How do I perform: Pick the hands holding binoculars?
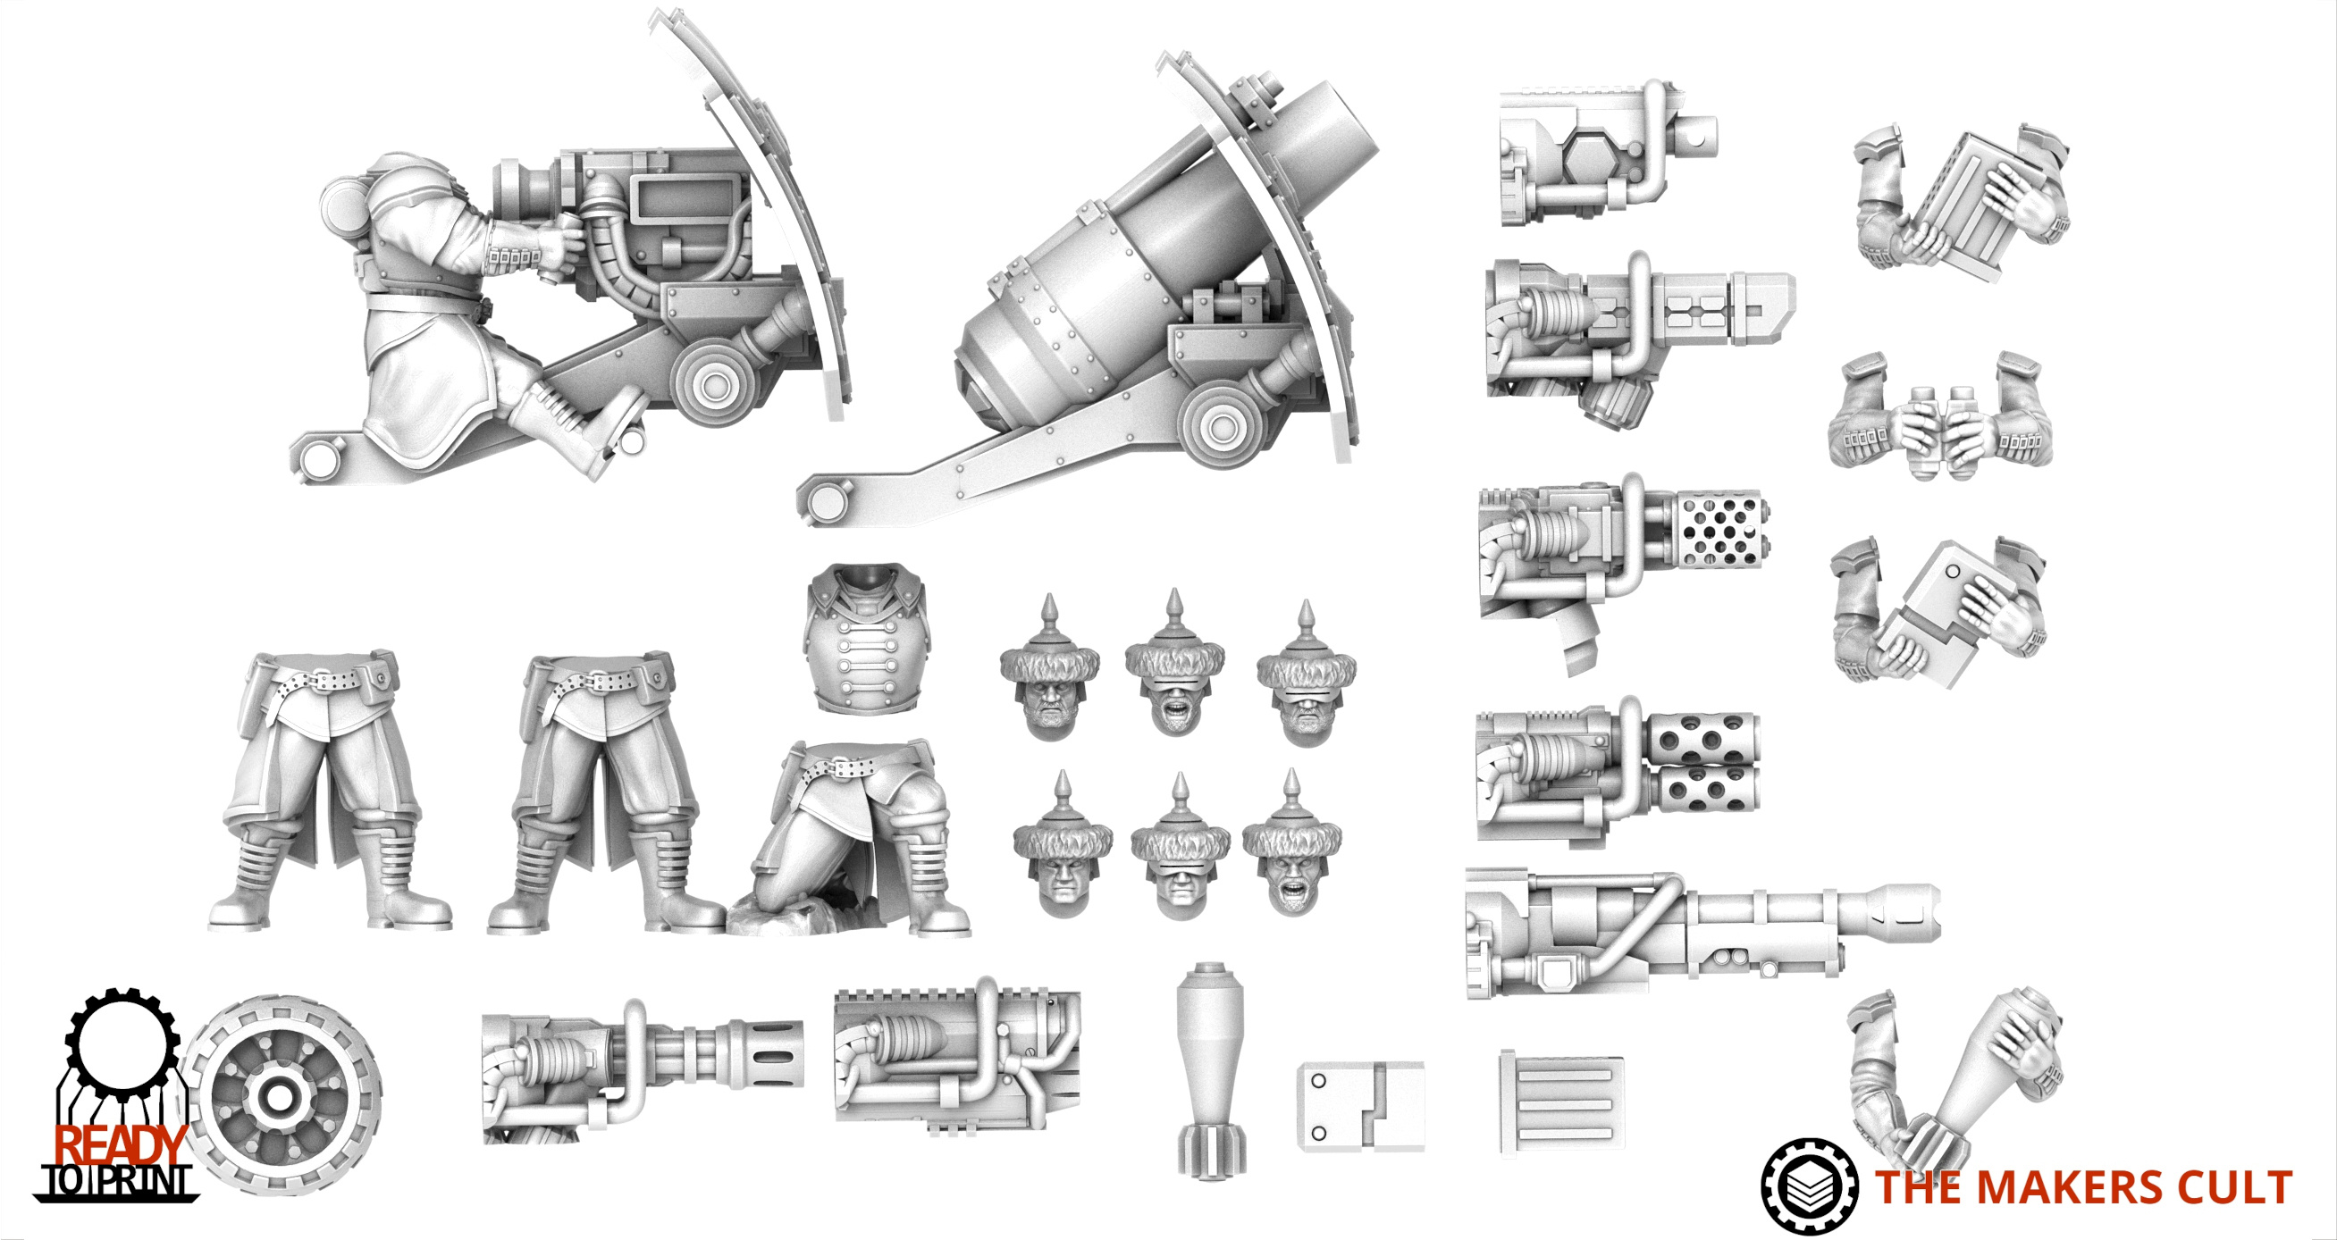(1940, 416)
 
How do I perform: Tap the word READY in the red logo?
(121, 1145)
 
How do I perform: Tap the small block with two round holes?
(1361, 1106)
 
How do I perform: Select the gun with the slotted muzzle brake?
(643, 1070)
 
